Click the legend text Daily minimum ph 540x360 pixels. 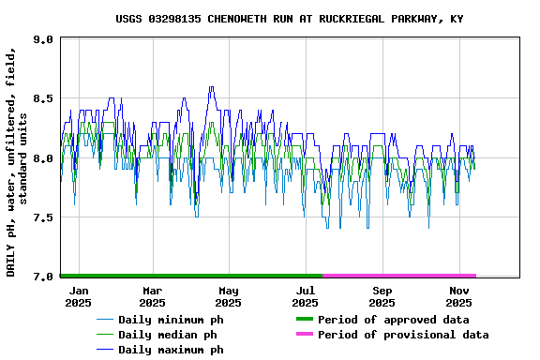pos(171,320)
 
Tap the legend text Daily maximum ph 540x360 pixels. pos(171,350)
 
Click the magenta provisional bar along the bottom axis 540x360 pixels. pos(398,276)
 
